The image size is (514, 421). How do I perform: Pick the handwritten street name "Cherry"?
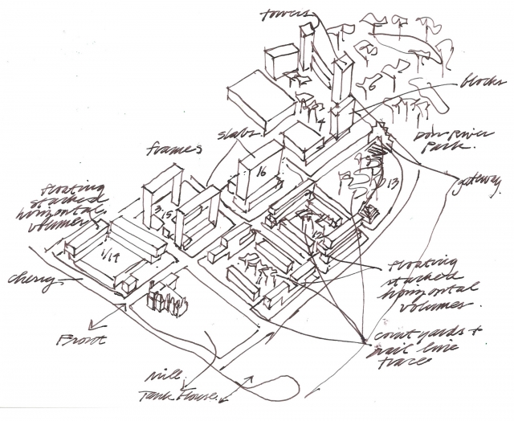[x=33, y=280]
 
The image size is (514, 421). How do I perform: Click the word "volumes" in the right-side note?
[x=440, y=308]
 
